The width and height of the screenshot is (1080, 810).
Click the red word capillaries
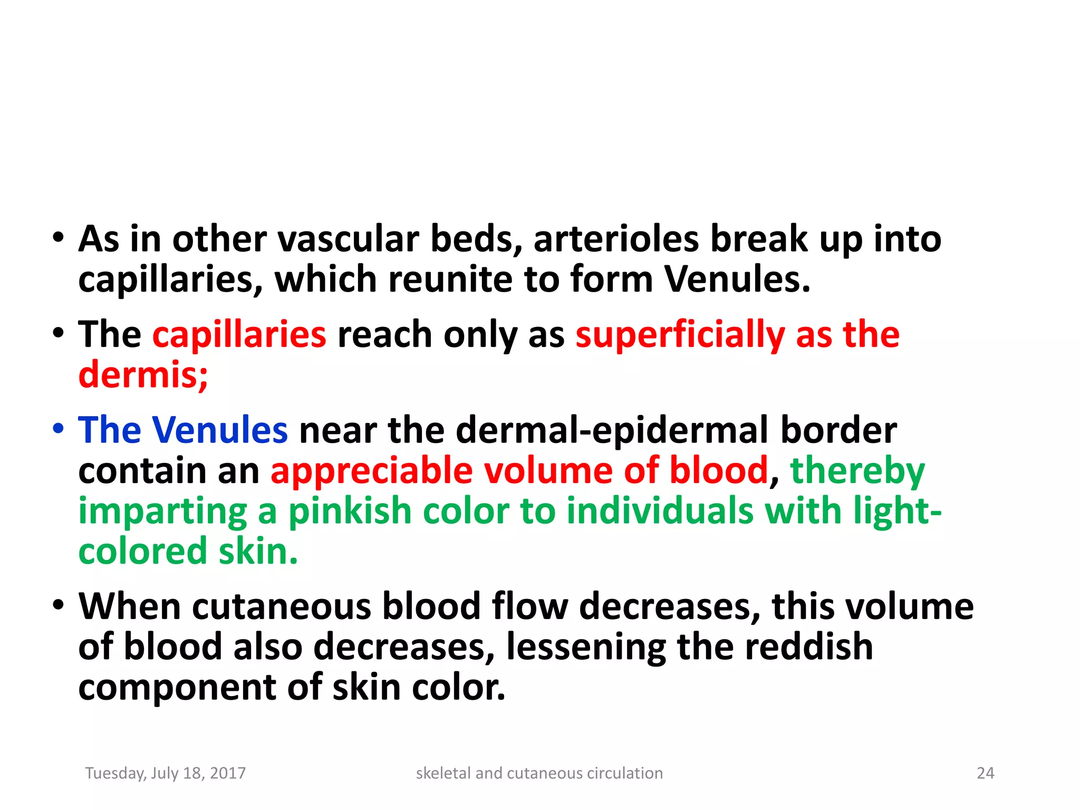click(239, 335)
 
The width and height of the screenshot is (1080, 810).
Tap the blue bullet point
click(59, 428)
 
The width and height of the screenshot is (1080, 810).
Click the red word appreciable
click(371, 470)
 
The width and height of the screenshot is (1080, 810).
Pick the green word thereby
click(857, 470)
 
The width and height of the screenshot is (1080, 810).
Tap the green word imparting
click(162, 511)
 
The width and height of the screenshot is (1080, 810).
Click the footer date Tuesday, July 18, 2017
click(166, 773)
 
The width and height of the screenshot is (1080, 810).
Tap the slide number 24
click(985, 773)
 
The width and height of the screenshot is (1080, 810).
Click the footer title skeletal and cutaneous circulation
click(539, 773)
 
